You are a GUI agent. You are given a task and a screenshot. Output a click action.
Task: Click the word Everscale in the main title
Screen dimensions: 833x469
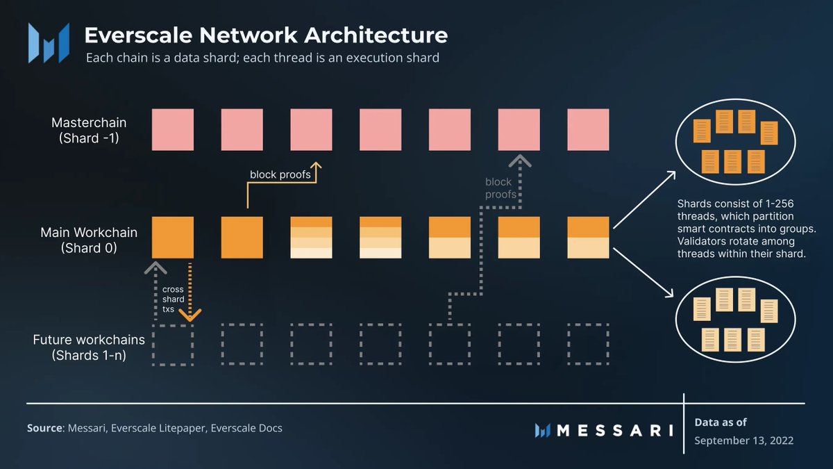pyautogui.click(x=138, y=35)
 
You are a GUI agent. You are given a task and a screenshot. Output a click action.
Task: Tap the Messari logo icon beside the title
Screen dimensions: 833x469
pyautogui.click(x=49, y=43)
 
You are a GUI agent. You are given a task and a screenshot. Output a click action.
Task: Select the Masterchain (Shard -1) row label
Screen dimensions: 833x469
pyautogui.click(x=89, y=131)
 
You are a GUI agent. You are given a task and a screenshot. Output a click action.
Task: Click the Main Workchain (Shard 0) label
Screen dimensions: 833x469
pyautogui.click(x=89, y=240)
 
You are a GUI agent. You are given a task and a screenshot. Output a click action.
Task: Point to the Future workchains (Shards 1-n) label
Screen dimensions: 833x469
pyautogui.click(x=89, y=347)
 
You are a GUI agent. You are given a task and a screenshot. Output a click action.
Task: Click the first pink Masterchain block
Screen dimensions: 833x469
pyautogui.click(x=173, y=129)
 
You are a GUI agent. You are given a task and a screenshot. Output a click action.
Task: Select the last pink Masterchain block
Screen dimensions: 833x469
pyautogui.click(x=588, y=129)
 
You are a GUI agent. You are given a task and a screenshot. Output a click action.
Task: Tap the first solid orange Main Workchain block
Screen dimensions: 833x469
pyautogui.click(x=173, y=238)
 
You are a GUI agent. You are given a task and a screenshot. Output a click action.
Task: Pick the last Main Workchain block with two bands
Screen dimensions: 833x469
pyautogui.click(x=588, y=238)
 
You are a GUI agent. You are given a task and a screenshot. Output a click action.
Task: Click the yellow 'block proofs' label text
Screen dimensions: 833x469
pyautogui.click(x=280, y=174)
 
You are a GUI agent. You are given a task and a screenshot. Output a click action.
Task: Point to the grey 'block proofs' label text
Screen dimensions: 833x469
pyautogui.click(x=500, y=188)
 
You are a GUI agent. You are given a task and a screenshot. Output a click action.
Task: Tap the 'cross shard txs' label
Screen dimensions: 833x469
pyautogui.click(x=174, y=299)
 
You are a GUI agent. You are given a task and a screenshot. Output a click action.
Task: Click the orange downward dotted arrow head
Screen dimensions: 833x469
pyautogui.click(x=190, y=315)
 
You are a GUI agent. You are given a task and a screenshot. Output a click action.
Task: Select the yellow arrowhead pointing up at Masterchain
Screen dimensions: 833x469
pyautogui.click(x=316, y=165)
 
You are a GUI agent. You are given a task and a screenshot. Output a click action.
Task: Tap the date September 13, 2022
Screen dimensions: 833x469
pyautogui.click(x=743, y=441)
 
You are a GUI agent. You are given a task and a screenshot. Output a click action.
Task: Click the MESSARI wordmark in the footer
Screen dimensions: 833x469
pyautogui.click(x=614, y=431)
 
